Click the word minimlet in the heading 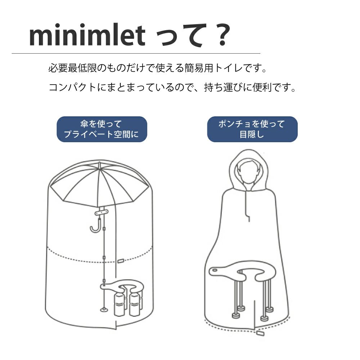click(87, 36)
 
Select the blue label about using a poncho click(252, 129)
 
